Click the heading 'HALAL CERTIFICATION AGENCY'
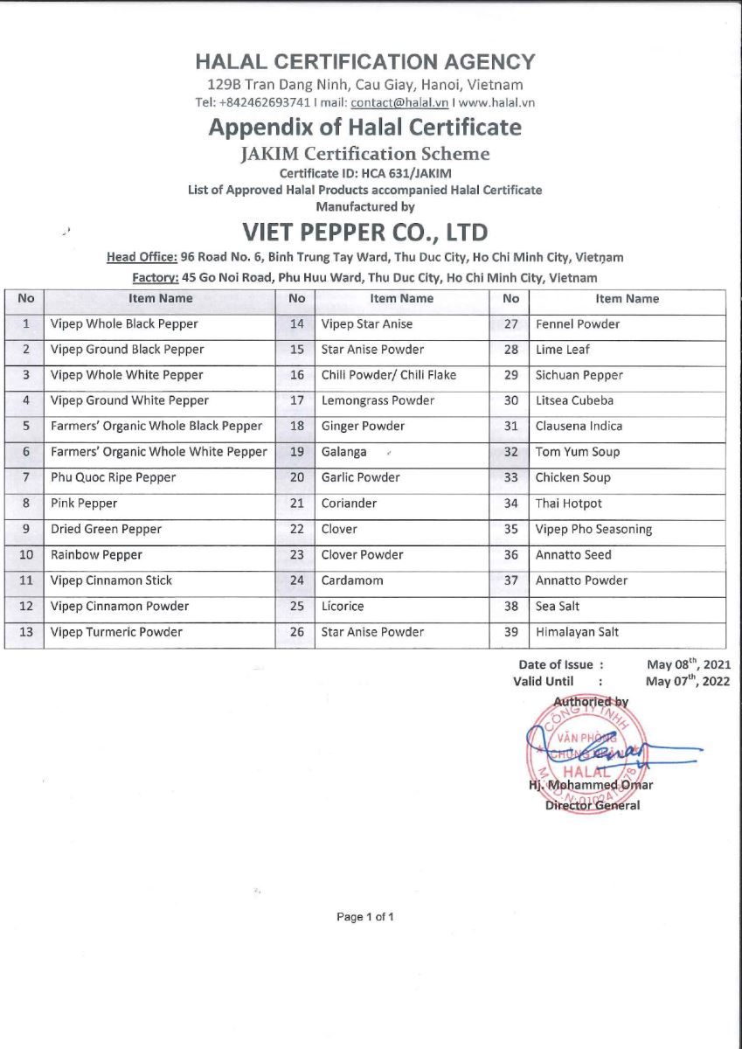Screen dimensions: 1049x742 coord(365,62)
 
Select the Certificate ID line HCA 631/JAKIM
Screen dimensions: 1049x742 coord(365,173)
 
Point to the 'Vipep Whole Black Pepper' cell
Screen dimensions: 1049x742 coord(124,324)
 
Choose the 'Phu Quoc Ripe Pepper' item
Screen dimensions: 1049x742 coord(113,478)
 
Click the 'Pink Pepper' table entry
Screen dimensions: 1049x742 coord(84,504)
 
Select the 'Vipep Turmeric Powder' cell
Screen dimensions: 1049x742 coord(116,632)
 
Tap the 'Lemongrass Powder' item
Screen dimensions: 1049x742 coord(378,401)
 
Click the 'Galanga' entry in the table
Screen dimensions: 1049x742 coord(343,453)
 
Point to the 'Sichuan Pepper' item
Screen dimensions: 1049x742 coord(579,376)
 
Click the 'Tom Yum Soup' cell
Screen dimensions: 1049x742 coord(578,453)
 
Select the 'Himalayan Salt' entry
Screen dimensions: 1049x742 coord(578,632)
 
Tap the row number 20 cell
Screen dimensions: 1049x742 coord(296,478)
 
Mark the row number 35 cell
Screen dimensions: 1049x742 coord(511,530)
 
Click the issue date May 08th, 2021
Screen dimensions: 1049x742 coord(688,664)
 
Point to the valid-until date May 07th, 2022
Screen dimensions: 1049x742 coord(688,681)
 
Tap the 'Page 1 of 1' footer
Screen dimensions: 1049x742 coord(365,917)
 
